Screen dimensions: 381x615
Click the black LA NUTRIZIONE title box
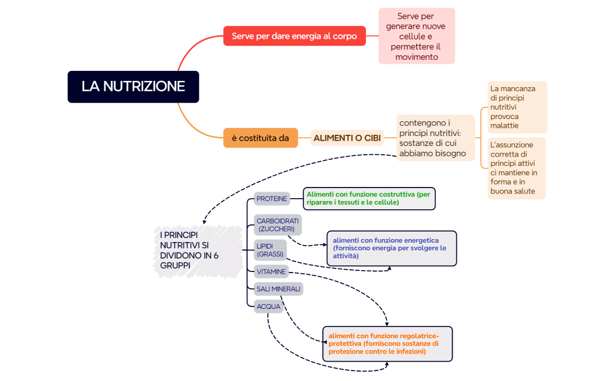(133, 87)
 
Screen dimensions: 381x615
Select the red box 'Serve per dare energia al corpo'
(294, 36)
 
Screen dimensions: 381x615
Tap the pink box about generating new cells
(416, 36)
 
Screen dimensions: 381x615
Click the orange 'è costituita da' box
(260, 138)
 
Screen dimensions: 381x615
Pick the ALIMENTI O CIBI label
(347, 138)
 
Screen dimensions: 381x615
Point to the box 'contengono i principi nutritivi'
(435, 138)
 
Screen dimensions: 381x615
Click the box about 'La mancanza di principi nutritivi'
(517, 107)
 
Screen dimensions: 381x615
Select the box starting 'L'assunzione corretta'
(517, 168)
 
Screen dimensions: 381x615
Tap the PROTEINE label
(272, 199)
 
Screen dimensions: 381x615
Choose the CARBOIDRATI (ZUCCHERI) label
(278, 224)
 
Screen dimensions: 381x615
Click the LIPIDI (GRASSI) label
(270, 250)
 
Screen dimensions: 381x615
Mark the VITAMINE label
(271, 272)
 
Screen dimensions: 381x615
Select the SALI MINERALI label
(278, 289)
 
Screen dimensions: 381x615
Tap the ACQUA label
(268, 306)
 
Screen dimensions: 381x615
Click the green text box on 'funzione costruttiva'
(370, 198)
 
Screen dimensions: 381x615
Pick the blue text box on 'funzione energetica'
(391, 248)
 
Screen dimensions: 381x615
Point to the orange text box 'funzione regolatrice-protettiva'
(387, 343)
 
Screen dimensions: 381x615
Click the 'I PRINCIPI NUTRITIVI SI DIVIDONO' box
(197, 250)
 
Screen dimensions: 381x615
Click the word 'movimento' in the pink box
(416, 57)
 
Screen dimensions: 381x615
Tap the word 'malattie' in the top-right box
(504, 125)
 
